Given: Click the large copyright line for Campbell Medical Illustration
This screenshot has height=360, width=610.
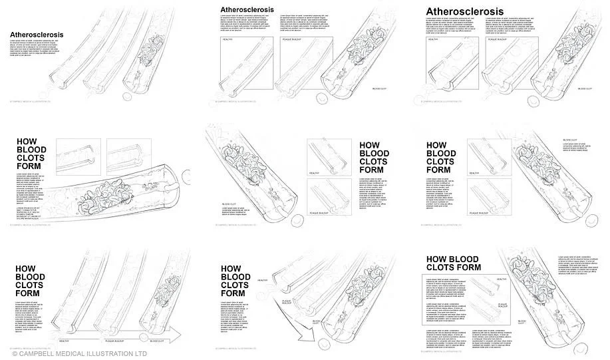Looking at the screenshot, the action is (x=79, y=354).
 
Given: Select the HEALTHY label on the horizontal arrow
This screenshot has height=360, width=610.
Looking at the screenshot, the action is (x=64, y=341).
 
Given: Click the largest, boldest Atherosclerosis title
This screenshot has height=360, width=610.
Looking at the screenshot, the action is (x=464, y=11).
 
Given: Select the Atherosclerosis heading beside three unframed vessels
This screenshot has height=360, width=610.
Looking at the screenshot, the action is (x=37, y=35).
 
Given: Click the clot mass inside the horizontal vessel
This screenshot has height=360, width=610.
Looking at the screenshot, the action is (x=106, y=194).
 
